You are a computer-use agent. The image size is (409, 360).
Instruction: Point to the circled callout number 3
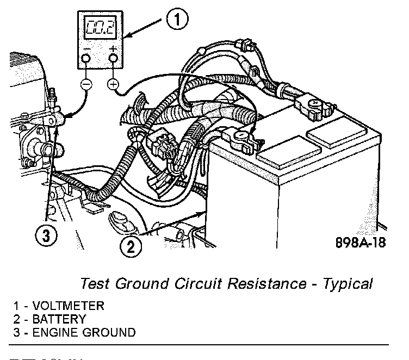(x=46, y=235)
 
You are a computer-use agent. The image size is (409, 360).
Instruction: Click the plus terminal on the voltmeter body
(x=114, y=59)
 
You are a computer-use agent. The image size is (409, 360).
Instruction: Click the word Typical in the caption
(x=346, y=284)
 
